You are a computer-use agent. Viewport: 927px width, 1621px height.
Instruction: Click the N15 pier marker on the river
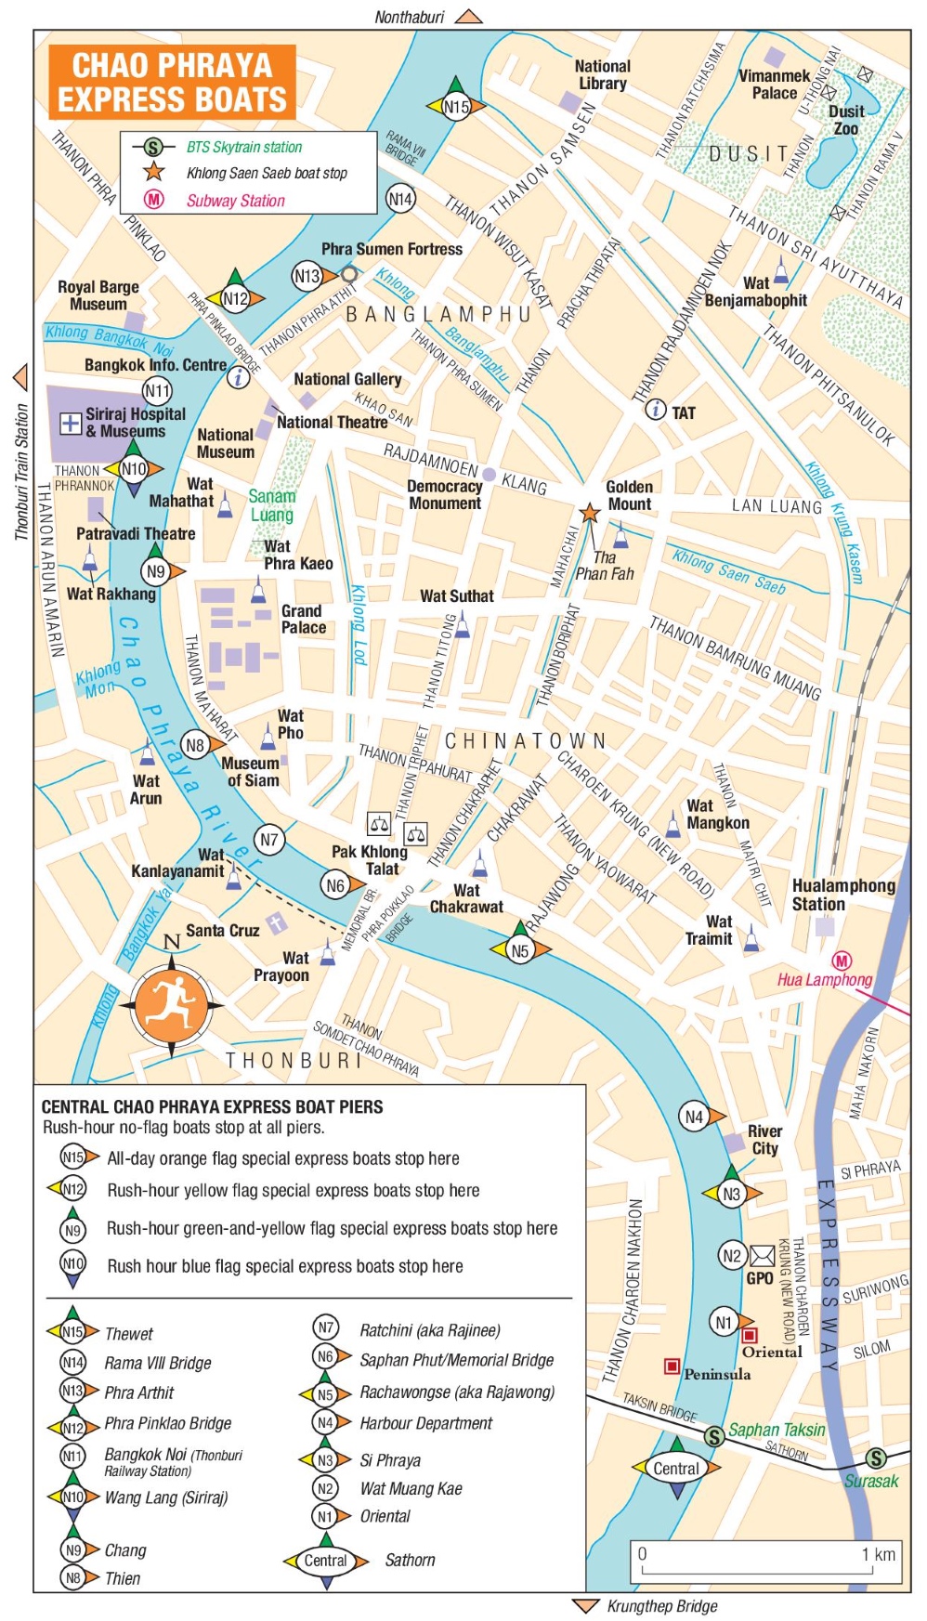455,107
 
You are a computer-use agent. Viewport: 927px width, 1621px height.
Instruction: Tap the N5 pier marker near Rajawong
520,950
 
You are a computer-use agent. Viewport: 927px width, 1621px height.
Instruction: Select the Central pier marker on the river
676,1469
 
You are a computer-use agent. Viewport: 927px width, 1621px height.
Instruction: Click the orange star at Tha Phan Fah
589,513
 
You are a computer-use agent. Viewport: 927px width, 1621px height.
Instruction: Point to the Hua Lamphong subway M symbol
842,961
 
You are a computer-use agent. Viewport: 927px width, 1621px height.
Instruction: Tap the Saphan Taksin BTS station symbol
713,1436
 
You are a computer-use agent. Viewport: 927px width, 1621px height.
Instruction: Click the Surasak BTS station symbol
876,1458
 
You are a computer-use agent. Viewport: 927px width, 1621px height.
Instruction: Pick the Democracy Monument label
444,494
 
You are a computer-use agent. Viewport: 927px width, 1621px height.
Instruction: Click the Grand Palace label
304,619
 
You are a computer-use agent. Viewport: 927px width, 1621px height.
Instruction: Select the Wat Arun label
146,790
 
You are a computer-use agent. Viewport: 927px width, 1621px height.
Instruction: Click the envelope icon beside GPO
762,1256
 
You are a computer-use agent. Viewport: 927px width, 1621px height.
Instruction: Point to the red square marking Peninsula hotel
672,1366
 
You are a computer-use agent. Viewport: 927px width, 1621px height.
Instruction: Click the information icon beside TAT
656,409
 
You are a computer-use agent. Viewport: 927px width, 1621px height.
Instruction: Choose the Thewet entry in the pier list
129,1334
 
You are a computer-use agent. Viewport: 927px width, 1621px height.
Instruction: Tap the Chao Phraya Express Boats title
173,82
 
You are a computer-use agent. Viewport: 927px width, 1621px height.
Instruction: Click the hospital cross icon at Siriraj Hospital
71,424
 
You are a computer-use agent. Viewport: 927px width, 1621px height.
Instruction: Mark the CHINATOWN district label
526,740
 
